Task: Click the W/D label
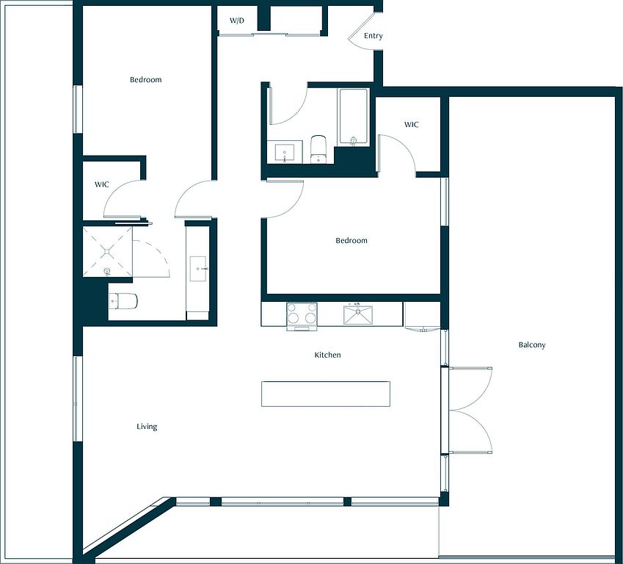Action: (x=237, y=21)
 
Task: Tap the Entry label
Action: (x=373, y=36)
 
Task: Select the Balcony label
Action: (x=531, y=345)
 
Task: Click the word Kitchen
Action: (x=327, y=355)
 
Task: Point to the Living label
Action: (x=147, y=427)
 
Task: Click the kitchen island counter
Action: (x=325, y=394)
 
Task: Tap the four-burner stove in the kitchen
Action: (x=302, y=316)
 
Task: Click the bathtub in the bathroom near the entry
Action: (x=353, y=117)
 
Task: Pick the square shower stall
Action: (x=107, y=251)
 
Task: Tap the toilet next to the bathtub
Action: (x=318, y=149)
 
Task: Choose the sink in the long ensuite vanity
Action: (x=198, y=269)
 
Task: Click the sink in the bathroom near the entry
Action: (x=285, y=153)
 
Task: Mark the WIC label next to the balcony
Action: (x=411, y=125)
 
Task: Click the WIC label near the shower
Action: (x=101, y=184)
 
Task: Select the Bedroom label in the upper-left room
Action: (x=146, y=79)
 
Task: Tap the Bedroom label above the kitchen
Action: (x=351, y=240)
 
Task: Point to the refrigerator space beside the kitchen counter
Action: (x=421, y=314)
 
